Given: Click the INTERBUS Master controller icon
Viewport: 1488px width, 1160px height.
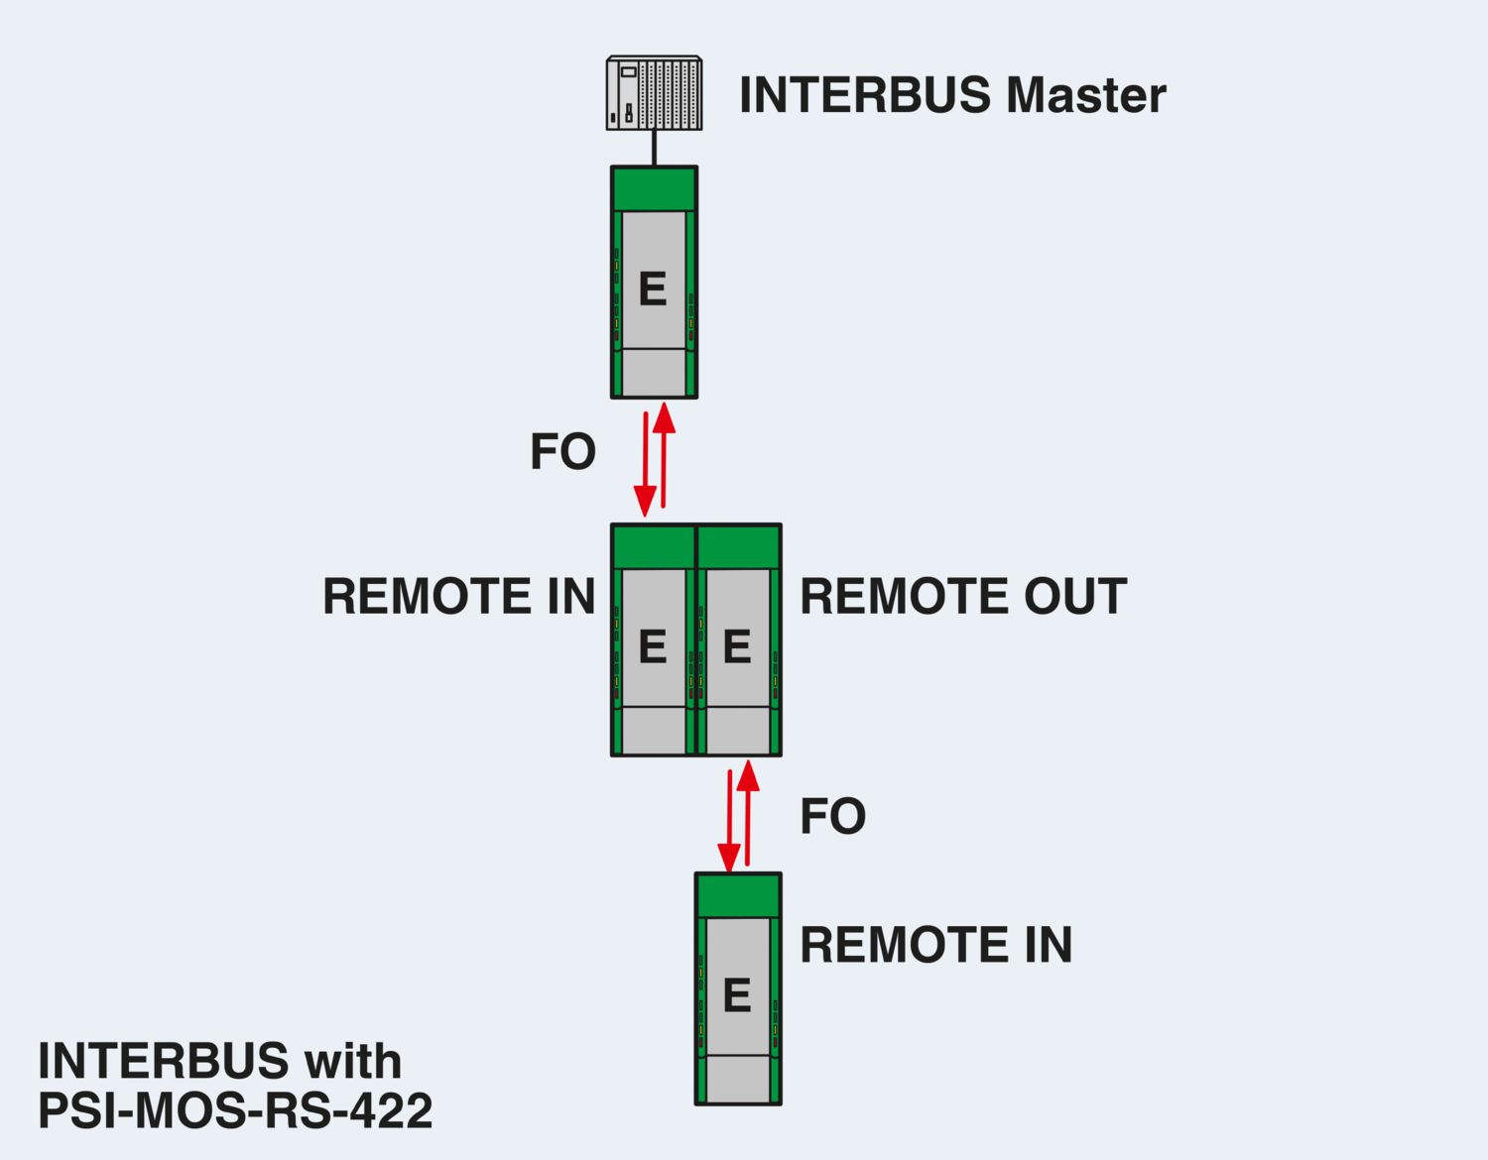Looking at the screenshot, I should (654, 94).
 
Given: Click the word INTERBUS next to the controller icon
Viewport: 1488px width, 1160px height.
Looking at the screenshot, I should (865, 95).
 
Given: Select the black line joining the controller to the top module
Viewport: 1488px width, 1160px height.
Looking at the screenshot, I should (655, 148).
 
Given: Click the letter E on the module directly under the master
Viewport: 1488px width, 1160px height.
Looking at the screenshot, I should (653, 289).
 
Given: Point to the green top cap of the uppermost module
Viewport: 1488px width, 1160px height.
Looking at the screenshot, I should (654, 189).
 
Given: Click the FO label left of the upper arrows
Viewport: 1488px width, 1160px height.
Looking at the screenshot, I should (562, 452).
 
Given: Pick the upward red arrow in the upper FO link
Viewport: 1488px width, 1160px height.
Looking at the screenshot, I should (664, 456).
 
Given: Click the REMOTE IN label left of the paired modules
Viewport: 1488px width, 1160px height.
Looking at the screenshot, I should (458, 597).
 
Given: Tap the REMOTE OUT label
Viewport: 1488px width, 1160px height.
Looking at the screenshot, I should (962, 597).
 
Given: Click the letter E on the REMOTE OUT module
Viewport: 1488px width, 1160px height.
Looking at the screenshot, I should (736, 646).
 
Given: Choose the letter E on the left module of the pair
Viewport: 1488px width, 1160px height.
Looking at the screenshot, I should (652, 646).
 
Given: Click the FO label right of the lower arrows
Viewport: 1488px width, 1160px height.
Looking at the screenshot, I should (832, 817).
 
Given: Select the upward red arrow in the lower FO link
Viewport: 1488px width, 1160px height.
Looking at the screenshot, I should (748, 813).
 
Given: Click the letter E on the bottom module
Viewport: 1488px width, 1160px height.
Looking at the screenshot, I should (736, 995).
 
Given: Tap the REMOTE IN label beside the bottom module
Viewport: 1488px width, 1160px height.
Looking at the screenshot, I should (935, 945).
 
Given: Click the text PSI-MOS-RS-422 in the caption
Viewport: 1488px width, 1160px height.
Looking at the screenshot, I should (235, 1111).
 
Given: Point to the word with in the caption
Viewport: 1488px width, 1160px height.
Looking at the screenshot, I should (352, 1062).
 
